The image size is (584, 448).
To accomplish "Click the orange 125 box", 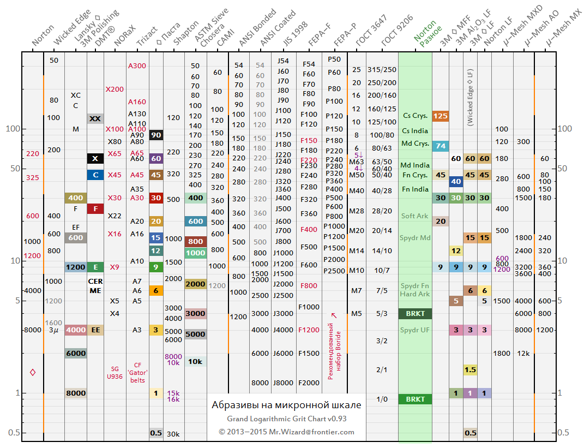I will pos(441,116).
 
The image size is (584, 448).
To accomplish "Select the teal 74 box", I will pos(441,146).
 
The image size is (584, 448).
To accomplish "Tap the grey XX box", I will pos(95,118).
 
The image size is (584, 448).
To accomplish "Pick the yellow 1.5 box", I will pos(470,370).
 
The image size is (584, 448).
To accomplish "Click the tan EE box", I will pos(95,330).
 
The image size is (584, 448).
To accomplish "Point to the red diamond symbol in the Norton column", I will pos(33,372).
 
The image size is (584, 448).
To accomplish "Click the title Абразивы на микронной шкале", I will pos(286,405).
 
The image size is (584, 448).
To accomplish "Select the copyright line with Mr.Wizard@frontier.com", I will pos(286,432).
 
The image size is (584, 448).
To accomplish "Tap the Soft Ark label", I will pos(415,216).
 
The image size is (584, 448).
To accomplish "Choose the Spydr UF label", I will pos(415,330).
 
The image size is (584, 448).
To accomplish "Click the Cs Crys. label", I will pos(415,116).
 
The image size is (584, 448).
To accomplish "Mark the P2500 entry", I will pos(334,271).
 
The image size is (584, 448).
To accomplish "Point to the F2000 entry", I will pos(309,383).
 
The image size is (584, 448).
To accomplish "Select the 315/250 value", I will pos(382,69).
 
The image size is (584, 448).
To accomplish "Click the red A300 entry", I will pos(137,65).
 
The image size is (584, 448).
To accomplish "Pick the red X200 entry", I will pos(115,89).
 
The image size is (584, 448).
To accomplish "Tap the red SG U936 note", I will pos(115,372).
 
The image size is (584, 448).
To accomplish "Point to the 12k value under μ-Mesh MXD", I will pos(523,353).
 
